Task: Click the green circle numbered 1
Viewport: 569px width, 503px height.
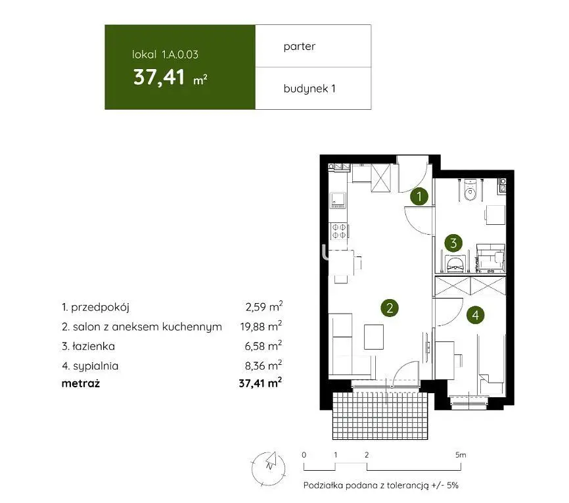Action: (x=419, y=197)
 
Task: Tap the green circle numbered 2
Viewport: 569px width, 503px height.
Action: (x=390, y=308)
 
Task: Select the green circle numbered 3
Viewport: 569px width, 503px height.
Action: (x=453, y=243)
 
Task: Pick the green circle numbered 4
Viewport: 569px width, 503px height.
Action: (x=476, y=314)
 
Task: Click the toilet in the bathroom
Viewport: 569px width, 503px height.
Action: (x=470, y=189)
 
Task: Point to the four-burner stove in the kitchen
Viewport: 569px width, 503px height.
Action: (x=338, y=231)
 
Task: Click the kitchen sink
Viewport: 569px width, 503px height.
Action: (x=338, y=201)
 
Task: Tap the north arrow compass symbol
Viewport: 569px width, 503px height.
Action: (x=269, y=469)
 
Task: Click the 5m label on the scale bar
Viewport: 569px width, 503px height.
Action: (x=461, y=455)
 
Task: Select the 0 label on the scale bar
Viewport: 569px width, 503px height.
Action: (x=304, y=455)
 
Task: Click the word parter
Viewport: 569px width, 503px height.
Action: (x=300, y=47)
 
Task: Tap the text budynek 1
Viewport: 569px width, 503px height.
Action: (x=309, y=88)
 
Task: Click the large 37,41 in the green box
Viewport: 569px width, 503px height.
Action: (x=159, y=78)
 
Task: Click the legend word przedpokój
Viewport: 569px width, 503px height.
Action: (x=100, y=307)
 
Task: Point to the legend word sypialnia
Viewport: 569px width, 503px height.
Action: (x=96, y=366)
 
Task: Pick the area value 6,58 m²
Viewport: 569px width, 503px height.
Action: (x=263, y=345)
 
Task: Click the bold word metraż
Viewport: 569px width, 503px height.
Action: (x=81, y=383)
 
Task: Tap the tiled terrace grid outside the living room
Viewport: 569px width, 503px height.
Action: (x=380, y=416)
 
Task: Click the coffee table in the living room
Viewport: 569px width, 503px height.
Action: (x=374, y=337)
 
